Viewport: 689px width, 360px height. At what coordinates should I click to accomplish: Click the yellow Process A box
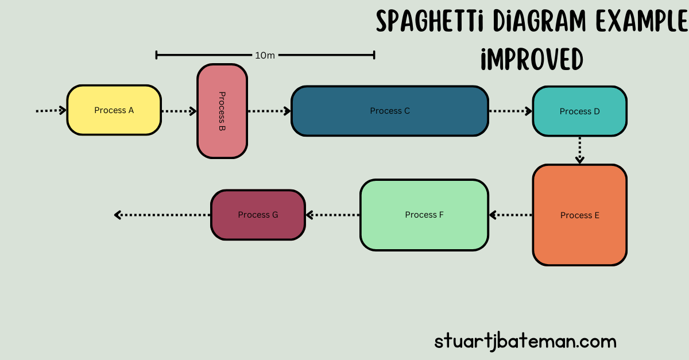pos(114,110)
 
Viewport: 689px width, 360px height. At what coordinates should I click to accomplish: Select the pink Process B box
pos(222,111)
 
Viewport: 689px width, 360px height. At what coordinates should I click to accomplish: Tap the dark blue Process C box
pos(389,111)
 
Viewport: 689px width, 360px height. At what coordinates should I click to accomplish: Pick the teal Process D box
pos(579,111)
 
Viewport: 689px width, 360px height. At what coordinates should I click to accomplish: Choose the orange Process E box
pos(579,215)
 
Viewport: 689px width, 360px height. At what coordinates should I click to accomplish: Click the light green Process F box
pos(424,215)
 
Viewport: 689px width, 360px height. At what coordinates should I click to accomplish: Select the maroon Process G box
pos(258,215)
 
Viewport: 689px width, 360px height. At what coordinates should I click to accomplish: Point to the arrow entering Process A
pos(51,110)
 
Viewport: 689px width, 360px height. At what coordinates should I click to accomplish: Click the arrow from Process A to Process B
pos(179,111)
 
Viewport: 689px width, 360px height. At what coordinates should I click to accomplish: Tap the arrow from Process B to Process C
pos(269,111)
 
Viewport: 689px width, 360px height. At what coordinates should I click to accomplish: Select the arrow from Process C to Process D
pos(510,111)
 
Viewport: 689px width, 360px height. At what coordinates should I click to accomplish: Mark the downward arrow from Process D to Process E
pos(580,150)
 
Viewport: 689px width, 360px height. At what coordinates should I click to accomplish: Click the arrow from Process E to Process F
pos(510,215)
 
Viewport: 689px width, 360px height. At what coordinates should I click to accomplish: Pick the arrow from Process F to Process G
pos(332,215)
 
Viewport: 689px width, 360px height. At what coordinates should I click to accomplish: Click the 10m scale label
pos(265,56)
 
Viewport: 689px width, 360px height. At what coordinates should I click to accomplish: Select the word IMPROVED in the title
pos(532,59)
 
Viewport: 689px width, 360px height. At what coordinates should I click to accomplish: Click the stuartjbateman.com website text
pos(525,342)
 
